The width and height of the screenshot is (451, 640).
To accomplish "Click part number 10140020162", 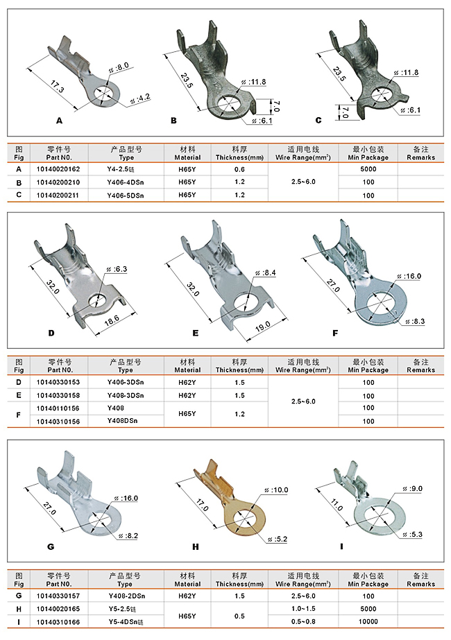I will pos(58,169).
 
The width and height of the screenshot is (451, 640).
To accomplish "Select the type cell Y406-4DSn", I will pos(126,182).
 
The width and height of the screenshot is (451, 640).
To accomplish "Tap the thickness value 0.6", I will pos(239,169).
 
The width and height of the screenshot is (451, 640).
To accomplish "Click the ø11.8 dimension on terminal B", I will pos(255,82).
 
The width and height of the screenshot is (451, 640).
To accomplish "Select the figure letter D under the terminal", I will pos(51,333).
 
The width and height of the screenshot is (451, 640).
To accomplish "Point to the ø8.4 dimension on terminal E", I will pos(266,273).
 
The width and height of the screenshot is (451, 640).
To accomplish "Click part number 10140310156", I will pos(58,421).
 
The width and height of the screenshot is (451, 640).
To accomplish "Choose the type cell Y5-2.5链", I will pos(126,609).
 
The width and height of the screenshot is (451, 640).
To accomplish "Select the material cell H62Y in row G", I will pos(187,596).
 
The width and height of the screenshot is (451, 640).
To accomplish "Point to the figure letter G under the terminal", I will pos(51,546).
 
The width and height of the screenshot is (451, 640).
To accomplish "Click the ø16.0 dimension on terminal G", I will pos(129,498).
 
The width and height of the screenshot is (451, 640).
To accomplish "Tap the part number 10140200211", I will pos(58,195).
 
